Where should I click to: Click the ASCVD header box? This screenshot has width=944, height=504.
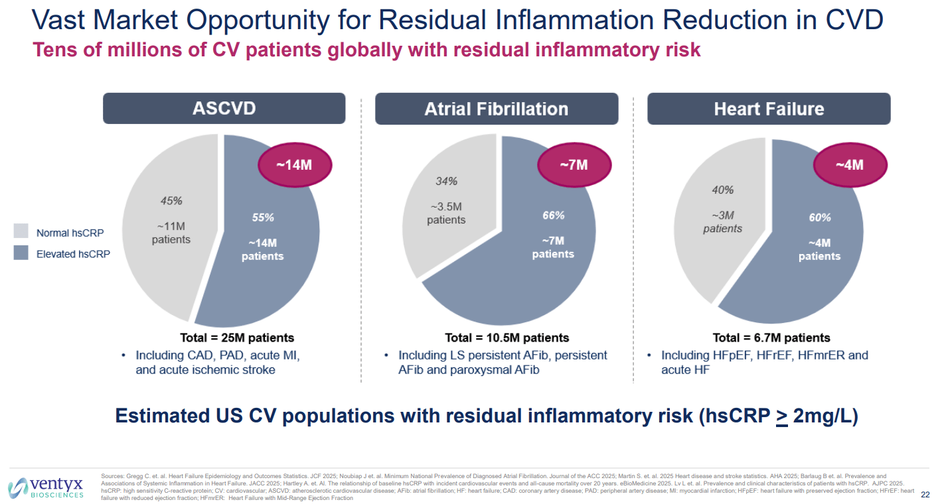[x=224, y=109]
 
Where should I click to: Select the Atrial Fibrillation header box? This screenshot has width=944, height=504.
[x=496, y=109]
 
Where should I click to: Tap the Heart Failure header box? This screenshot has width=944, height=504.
[x=769, y=109]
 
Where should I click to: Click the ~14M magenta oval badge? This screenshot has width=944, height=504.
[x=293, y=165]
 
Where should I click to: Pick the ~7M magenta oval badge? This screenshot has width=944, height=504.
[x=572, y=164]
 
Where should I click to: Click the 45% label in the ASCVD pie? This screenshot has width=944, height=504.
[x=171, y=201]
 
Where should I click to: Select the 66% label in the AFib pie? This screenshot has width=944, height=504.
[x=553, y=216]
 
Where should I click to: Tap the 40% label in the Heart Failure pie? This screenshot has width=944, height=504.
[x=722, y=190]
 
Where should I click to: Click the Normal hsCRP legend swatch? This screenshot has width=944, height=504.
[x=21, y=231]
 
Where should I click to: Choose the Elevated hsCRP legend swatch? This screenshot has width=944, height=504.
[x=21, y=253]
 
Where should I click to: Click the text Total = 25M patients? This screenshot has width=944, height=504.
[x=237, y=338]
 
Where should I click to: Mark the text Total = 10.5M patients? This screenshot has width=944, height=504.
[x=507, y=338]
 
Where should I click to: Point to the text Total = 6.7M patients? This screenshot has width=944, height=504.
[x=771, y=338]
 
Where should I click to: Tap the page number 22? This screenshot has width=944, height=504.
[x=925, y=495]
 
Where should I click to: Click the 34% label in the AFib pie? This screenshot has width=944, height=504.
[x=446, y=181]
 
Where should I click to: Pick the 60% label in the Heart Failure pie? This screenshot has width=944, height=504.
[x=819, y=218]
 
